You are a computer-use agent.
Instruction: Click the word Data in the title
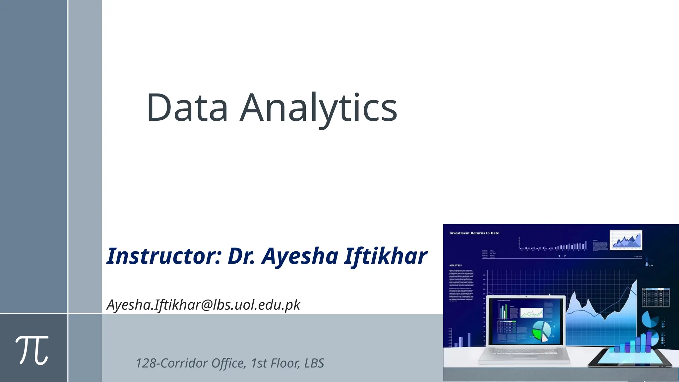pyautogui.click(x=187, y=107)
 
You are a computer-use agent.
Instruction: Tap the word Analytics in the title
pyautogui.click(x=318, y=108)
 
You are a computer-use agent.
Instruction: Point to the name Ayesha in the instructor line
pyautogui.click(x=300, y=257)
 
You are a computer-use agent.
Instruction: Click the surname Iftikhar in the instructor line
pyautogui.click(x=385, y=256)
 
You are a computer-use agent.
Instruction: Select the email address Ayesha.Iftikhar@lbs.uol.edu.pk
pyautogui.click(x=203, y=305)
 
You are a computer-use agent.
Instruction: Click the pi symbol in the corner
pyautogui.click(x=32, y=350)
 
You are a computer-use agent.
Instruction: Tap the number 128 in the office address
pyautogui.click(x=146, y=363)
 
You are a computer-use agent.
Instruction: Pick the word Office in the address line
pyautogui.click(x=228, y=363)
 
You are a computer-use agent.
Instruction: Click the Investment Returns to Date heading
pyautogui.click(x=474, y=233)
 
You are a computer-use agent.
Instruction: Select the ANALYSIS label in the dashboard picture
pyautogui.click(x=455, y=266)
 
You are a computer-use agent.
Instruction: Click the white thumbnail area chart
pyautogui.click(x=626, y=240)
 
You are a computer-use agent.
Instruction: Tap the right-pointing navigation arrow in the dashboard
pyautogui.click(x=565, y=256)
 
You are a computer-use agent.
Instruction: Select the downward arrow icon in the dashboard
pyautogui.click(x=647, y=265)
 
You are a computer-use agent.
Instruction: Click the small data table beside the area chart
pyautogui.click(x=655, y=297)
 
